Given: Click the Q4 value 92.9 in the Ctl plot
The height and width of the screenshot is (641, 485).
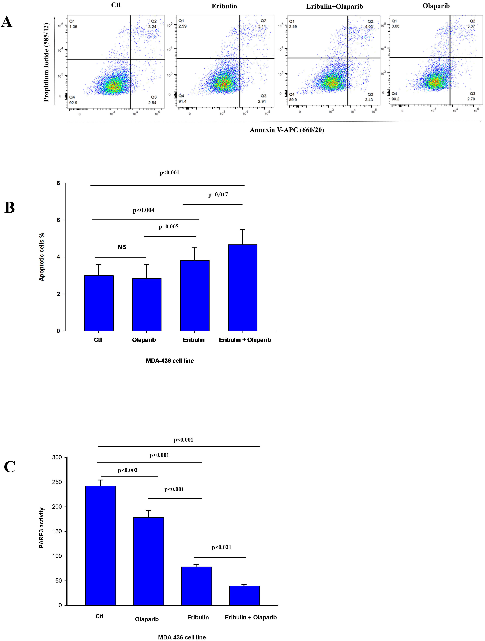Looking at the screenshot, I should point(73,103).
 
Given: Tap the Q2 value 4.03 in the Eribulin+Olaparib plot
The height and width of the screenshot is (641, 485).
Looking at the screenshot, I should point(369,27).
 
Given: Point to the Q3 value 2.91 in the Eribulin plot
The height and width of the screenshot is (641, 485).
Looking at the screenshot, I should point(262,101).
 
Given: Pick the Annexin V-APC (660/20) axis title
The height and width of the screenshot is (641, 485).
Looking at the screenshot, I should point(287,130).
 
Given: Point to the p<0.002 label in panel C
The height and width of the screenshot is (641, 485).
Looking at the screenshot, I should point(128,470).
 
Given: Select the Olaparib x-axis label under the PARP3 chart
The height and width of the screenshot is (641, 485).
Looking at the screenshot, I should point(147,619).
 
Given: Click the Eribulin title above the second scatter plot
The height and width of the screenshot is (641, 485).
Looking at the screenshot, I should point(224,6).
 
